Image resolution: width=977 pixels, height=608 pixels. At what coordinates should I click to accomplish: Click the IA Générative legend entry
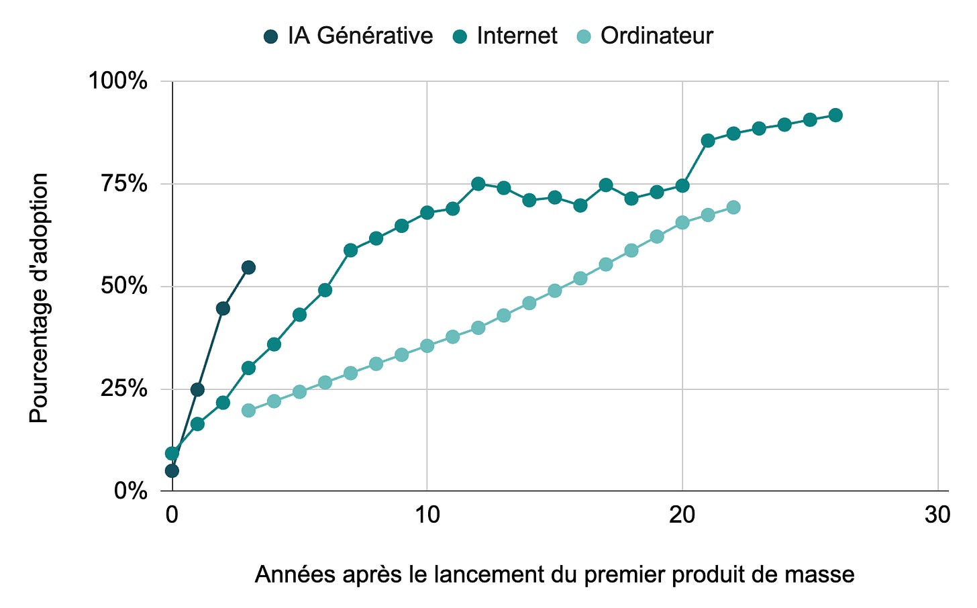tap(349, 36)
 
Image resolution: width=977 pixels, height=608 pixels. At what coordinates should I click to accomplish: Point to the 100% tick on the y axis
tap(118, 81)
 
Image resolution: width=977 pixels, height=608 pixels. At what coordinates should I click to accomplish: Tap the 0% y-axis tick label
tap(130, 491)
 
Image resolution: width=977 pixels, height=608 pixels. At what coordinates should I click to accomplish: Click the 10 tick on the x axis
tap(427, 515)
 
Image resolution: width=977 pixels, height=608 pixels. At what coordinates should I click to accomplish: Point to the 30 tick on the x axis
tap(937, 515)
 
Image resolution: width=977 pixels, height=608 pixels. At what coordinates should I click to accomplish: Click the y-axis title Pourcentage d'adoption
tap(39, 298)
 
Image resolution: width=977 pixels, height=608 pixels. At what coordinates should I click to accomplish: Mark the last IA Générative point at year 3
tap(248, 268)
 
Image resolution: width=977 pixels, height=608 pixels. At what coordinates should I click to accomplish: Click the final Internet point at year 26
tap(835, 115)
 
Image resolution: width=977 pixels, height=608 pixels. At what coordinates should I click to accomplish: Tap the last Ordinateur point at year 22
tap(733, 207)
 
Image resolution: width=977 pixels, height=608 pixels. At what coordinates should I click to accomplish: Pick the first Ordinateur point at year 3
tap(248, 410)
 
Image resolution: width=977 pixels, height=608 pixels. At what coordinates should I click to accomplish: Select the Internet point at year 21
tap(708, 140)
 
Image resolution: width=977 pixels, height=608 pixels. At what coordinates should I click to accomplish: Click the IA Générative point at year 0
tap(172, 470)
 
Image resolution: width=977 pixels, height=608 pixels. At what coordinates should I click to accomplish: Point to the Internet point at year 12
tap(478, 184)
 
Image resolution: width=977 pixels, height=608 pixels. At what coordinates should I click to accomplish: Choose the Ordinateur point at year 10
tap(427, 346)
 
